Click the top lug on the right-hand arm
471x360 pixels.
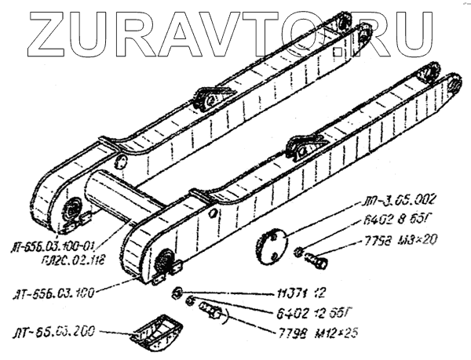click(x=304, y=144)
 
